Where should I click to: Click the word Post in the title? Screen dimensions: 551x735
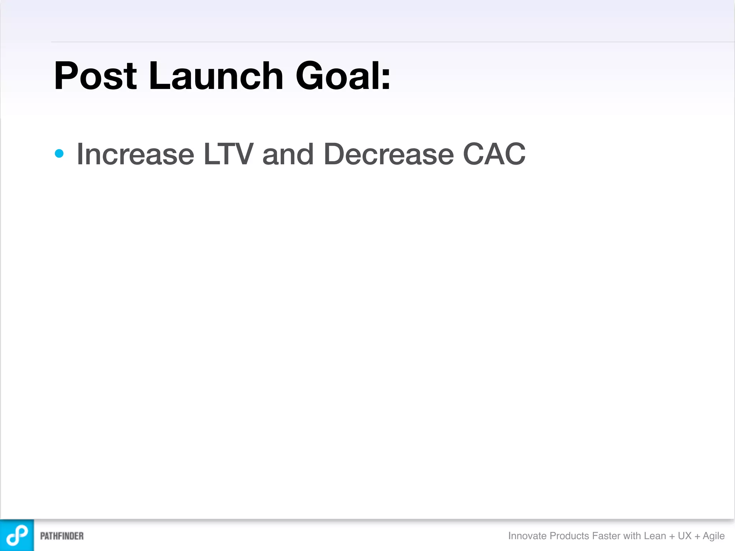pos(95,76)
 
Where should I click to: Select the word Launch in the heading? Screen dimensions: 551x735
pos(216,76)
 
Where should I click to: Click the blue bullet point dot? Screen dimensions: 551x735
pos(59,154)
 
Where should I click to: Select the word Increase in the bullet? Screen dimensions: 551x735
pos(135,154)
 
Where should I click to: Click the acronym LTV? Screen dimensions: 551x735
pos(228,154)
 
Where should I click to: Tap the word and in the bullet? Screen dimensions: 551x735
pos(288,154)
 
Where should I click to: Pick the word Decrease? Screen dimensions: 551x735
pos(389,154)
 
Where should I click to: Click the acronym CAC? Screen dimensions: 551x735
pos(494,154)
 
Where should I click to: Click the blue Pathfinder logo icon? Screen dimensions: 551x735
pos(17,535)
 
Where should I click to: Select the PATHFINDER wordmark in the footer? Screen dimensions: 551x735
pos(62,536)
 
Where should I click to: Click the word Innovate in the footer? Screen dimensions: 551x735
pos(527,536)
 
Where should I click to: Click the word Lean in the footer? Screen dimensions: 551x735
pos(655,536)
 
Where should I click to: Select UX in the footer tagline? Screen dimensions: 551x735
pos(684,536)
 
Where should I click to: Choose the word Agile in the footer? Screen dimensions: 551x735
pos(713,536)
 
